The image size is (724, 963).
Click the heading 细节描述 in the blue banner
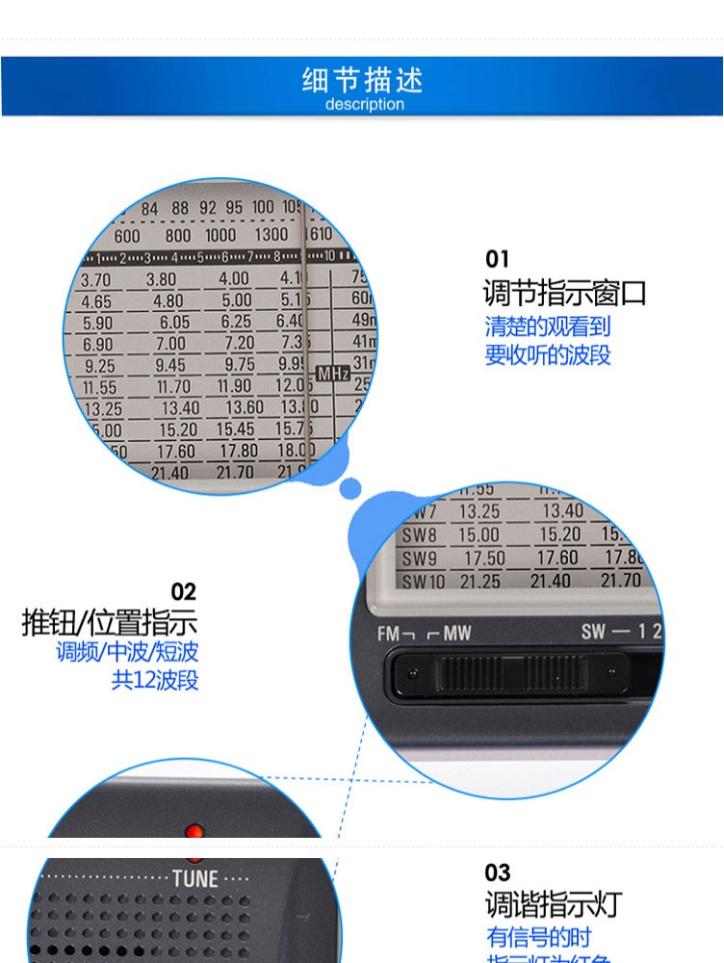[362, 80]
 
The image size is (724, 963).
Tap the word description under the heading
[364, 104]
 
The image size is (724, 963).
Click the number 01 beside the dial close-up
[497, 259]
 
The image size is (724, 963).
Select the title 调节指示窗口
[564, 293]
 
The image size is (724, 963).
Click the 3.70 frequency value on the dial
[95, 280]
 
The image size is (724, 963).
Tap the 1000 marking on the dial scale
[220, 235]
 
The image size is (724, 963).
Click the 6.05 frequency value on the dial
[174, 323]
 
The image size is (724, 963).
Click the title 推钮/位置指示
[109, 622]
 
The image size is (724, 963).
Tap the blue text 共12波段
[155, 681]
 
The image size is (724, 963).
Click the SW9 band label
[419, 559]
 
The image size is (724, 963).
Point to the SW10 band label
[423, 581]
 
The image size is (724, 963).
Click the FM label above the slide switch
[389, 633]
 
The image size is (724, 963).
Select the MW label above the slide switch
[456, 633]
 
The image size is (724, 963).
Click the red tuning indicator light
[194, 829]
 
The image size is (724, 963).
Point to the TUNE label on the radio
[195, 878]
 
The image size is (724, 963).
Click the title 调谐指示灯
[554, 904]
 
